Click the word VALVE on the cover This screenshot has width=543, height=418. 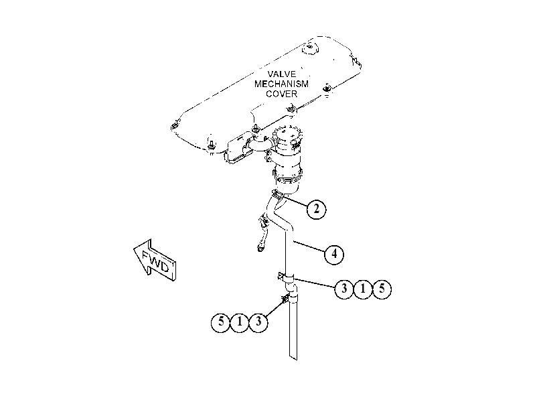tap(281, 74)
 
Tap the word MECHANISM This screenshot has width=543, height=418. tap(281, 84)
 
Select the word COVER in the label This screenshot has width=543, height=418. tap(281, 94)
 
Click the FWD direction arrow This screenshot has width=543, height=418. tap(155, 260)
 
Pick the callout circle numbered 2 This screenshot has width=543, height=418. tap(316, 209)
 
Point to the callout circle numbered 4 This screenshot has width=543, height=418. tap(334, 254)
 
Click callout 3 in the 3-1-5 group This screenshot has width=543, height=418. tap(344, 289)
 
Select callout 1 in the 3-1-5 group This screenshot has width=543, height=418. tap(363, 289)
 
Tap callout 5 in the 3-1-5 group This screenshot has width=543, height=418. tap(382, 289)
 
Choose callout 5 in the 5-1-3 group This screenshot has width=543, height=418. tap(220, 322)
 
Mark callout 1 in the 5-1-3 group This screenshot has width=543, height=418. tap(240, 322)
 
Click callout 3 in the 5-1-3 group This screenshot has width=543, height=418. tap(258, 322)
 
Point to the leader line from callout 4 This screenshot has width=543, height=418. tap(309, 246)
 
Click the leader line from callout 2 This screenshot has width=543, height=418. tap(295, 202)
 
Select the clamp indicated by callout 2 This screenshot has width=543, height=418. tap(278, 194)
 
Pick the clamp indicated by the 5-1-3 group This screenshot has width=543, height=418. tap(286, 298)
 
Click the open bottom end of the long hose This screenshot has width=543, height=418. tap(293, 357)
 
